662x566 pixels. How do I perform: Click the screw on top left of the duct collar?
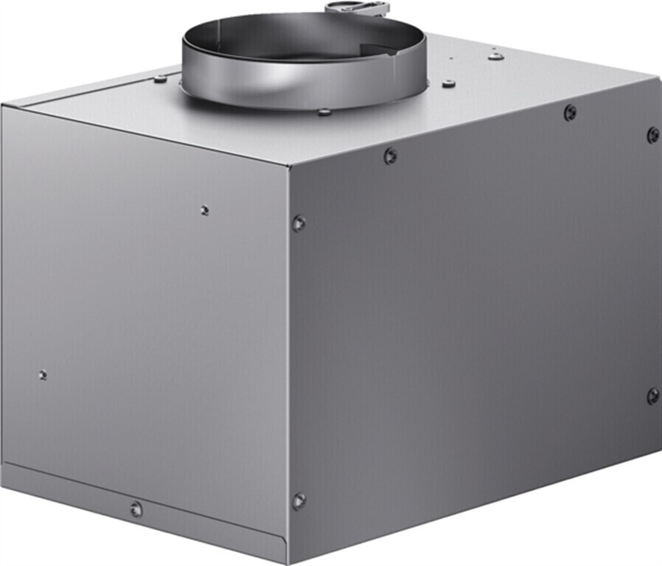[x=160, y=78]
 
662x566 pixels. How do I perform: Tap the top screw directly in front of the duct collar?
[x=324, y=112]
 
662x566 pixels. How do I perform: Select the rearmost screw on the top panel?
[x=496, y=55]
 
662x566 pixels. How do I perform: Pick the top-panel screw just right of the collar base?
[x=448, y=84]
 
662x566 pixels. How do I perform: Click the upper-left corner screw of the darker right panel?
[x=298, y=223]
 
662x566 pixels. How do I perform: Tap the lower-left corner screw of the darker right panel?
[x=298, y=501]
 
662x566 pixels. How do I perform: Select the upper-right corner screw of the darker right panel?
[x=653, y=135]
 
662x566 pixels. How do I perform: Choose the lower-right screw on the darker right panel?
[x=652, y=396]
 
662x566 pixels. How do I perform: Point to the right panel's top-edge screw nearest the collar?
[x=390, y=156]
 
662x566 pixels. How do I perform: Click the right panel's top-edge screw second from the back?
[x=570, y=113]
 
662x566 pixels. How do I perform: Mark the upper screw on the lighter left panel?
[x=204, y=210]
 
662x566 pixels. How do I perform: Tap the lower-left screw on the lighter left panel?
[x=43, y=374]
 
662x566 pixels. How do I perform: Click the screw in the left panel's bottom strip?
[x=136, y=509]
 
